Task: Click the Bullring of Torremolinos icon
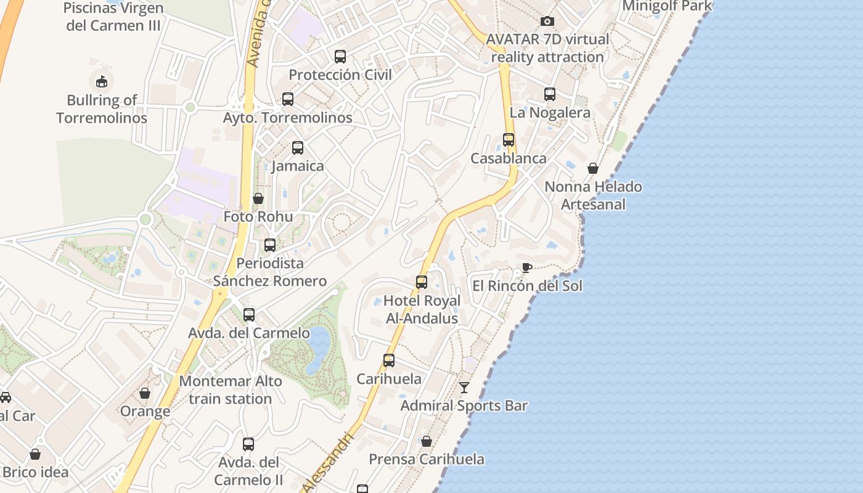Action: [102, 81]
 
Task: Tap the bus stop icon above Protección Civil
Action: [340, 57]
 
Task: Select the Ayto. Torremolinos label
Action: [288, 118]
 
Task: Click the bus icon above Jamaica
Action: [298, 148]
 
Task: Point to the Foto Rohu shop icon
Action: [258, 198]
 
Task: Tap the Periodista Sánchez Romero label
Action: [270, 272]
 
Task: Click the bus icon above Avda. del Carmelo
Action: [249, 315]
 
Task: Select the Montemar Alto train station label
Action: [231, 390]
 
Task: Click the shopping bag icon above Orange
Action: [145, 393]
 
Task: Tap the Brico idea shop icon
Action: [35, 454]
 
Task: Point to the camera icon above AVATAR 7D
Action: [547, 22]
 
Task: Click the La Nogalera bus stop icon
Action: [550, 94]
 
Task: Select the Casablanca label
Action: [509, 158]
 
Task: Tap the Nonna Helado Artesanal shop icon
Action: [593, 168]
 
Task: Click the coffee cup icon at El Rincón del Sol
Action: [526, 267]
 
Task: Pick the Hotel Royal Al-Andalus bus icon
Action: [422, 282]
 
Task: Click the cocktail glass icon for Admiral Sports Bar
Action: [464, 388]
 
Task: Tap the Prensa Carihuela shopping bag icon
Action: [427, 441]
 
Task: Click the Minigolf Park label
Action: [667, 6]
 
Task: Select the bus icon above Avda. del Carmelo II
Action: [248, 444]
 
